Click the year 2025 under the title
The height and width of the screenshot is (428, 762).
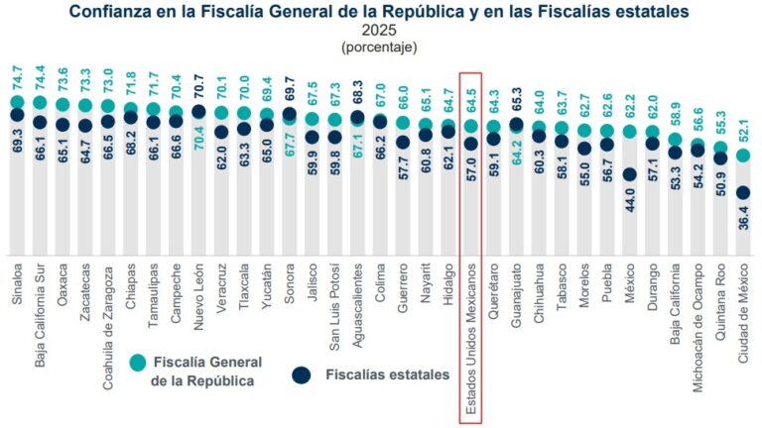point(379,31)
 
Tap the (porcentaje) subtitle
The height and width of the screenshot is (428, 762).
point(379,47)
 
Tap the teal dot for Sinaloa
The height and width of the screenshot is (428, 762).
point(17,102)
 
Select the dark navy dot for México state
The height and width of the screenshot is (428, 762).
point(629,174)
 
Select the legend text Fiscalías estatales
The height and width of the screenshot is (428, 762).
point(388,374)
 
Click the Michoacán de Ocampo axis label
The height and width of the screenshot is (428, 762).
point(698,328)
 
